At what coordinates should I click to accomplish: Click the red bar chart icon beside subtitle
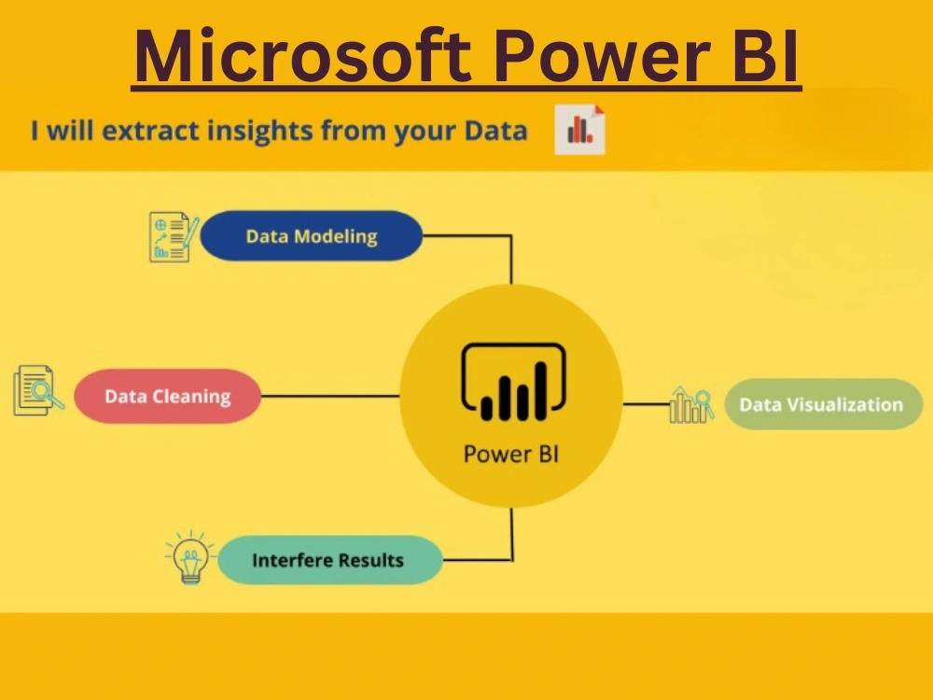pyautogui.click(x=579, y=130)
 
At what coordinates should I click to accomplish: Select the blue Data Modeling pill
pyautogui.click(x=311, y=236)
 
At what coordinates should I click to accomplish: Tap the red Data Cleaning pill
pyautogui.click(x=167, y=396)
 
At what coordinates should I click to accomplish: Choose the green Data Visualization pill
pyautogui.click(x=822, y=404)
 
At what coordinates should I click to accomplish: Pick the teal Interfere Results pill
pyautogui.click(x=328, y=560)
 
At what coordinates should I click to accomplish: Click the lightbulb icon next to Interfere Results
pyautogui.click(x=190, y=558)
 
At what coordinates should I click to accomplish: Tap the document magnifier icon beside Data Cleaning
pyautogui.click(x=38, y=391)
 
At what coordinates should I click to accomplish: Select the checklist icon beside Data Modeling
pyautogui.click(x=174, y=236)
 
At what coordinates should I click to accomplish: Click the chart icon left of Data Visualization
pyautogui.click(x=691, y=404)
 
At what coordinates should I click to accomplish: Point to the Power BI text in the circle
pyautogui.click(x=510, y=455)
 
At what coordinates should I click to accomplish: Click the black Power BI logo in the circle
pyautogui.click(x=511, y=383)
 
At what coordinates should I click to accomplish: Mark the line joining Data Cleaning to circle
pyautogui.click(x=330, y=396)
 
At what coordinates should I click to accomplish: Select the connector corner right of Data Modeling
pyautogui.click(x=510, y=237)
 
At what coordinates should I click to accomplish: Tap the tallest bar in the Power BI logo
pyautogui.click(x=539, y=389)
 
